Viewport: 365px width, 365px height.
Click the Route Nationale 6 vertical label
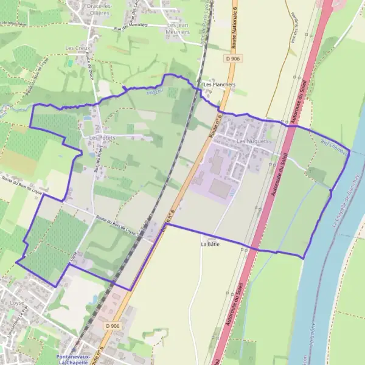click(234, 24)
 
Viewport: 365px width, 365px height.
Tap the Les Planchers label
click(220, 85)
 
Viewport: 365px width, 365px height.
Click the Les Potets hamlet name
click(102, 137)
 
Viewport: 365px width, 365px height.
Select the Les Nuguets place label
click(252, 141)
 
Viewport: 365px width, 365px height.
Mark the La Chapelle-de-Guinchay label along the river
click(345, 201)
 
